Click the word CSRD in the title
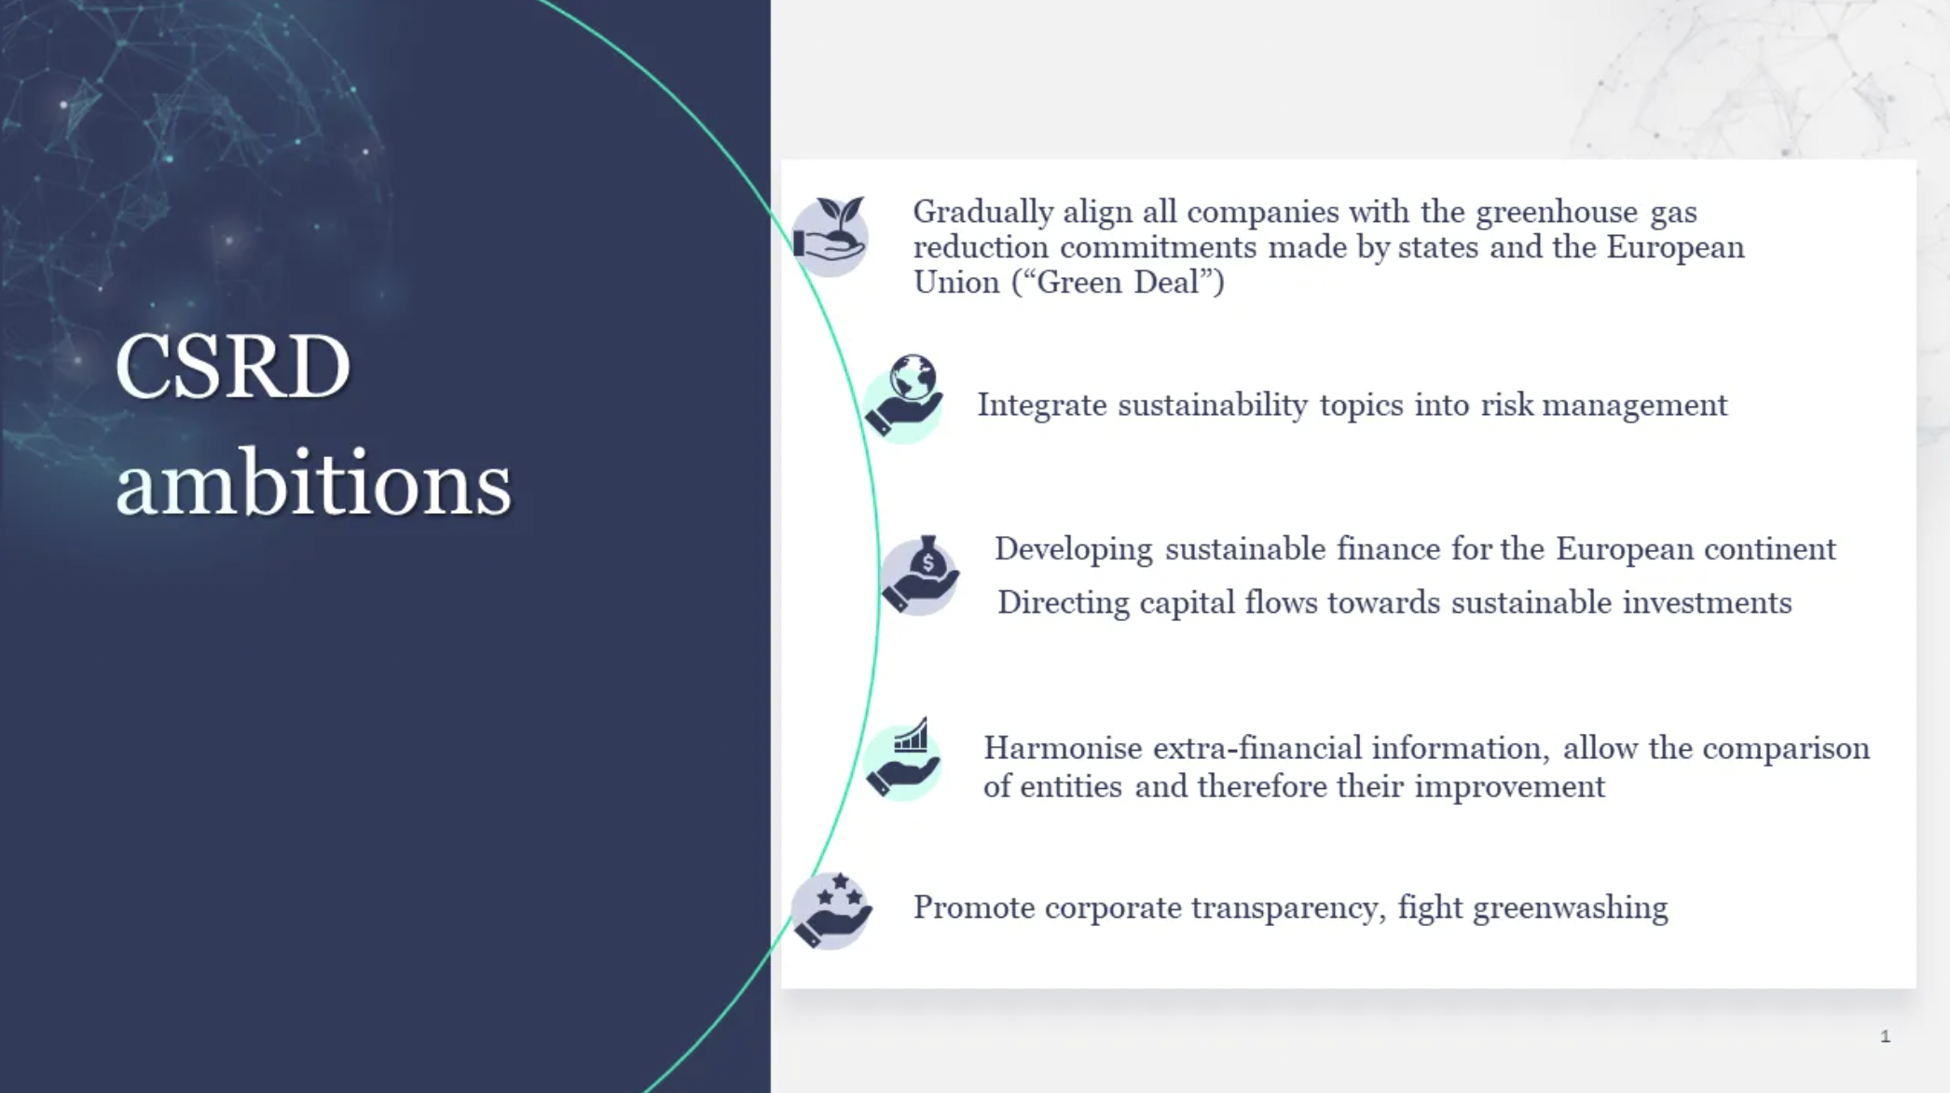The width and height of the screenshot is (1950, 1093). [x=233, y=367]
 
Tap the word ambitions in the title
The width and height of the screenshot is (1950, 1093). [x=314, y=481]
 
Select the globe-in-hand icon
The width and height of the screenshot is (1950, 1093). [x=903, y=398]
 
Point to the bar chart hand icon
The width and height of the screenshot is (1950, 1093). [x=902, y=759]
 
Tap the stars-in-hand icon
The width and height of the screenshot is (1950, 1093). [x=831, y=910]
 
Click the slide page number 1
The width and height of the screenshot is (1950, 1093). [x=1885, y=1036]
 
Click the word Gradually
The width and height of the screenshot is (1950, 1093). [x=982, y=213]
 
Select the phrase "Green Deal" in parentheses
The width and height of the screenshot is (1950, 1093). [x=1118, y=282]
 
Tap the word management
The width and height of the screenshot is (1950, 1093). [x=1635, y=406]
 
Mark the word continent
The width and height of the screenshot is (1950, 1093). [x=1770, y=549]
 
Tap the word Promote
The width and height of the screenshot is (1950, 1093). [x=974, y=907]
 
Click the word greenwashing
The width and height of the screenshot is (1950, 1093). [x=1571, y=908]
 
